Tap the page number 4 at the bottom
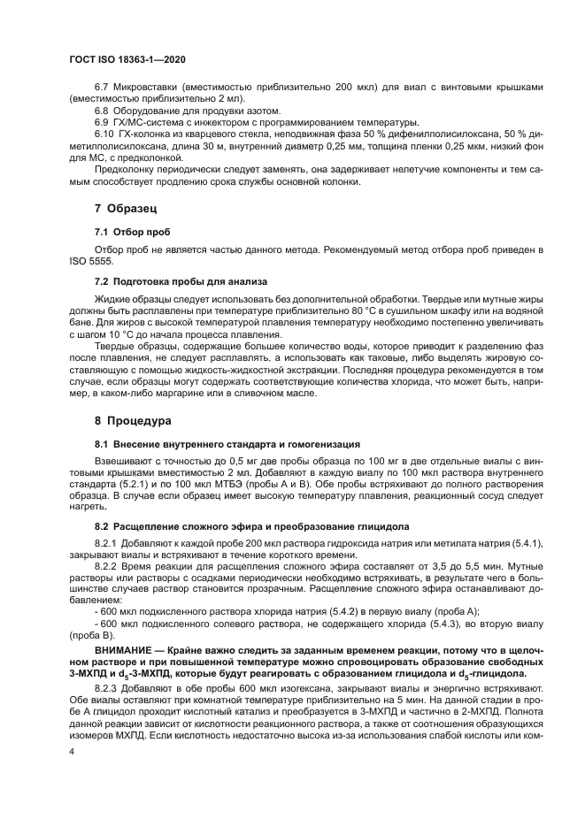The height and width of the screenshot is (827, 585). [x=72, y=750]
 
